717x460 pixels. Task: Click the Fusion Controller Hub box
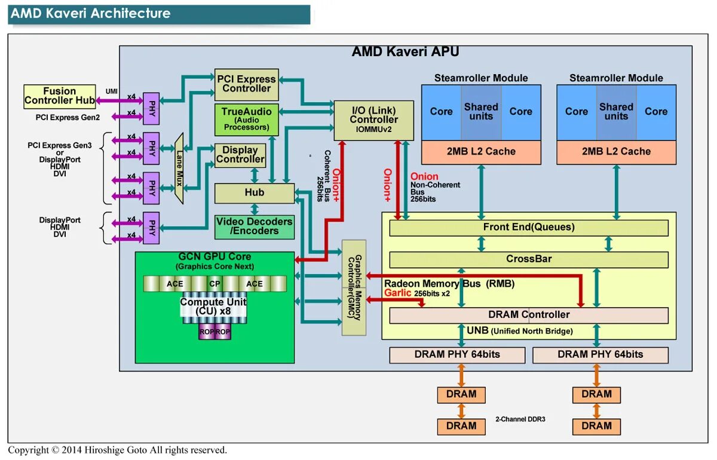pyautogui.click(x=59, y=96)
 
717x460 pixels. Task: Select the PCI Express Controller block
pyautogui.click(x=246, y=84)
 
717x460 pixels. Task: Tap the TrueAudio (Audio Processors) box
pyautogui.click(x=246, y=119)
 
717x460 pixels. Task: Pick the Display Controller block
pyautogui.click(x=240, y=155)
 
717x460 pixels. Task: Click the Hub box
pyautogui.click(x=255, y=193)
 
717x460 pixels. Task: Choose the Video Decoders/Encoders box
pyautogui.click(x=255, y=226)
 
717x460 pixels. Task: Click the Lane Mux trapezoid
pyautogui.click(x=178, y=167)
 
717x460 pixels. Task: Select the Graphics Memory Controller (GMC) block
pyautogui.click(x=353, y=287)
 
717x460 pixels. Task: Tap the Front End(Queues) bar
pyautogui.click(x=528, y=228)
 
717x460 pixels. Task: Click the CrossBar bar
pyautogui.click(x=528, y=259)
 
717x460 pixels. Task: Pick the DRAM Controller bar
pyautogui.click(x=528, y=315)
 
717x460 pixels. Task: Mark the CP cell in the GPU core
pyautogui.click(x=215, y=284)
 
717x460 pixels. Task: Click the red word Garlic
pyautogui.click(x=397, y=293)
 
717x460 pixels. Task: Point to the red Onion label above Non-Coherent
pyautogui.click(x=424, y=177)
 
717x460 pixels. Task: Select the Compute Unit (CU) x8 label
pyautogui.click(x=213, y=306)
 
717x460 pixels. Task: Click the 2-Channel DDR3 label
pyautogui.click(x=520, y=419)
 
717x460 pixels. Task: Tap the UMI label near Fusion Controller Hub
pyautogui.click(x=112, y=91)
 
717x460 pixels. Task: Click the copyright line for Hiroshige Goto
pyautogui.click(x=117, y=450)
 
